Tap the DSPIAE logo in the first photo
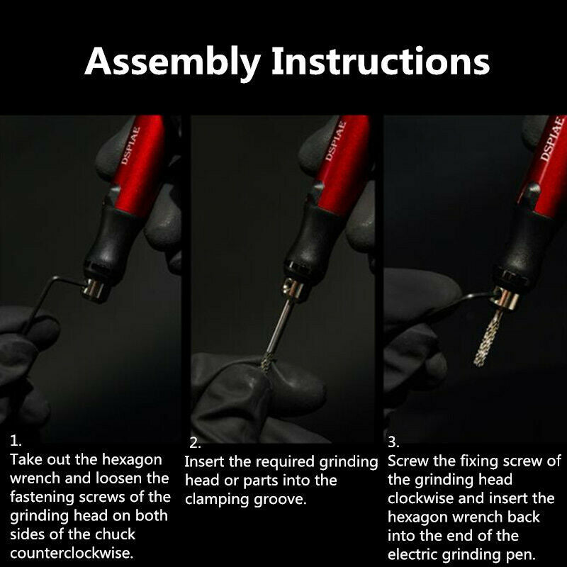(130, 145)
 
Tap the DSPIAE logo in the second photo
(335, 142)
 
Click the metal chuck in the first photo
(95, 290)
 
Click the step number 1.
(16, 441)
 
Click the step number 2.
(195, 443)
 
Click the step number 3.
(393, 442)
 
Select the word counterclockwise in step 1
(72, 553)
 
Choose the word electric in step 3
(412, 554)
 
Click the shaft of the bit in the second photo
(280, 325)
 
